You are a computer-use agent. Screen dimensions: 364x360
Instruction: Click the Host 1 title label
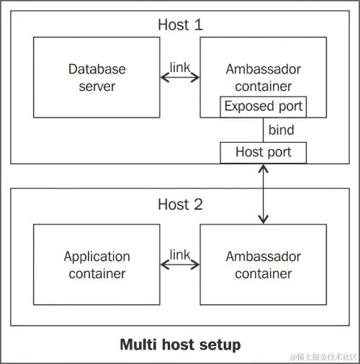(x=180, y=24)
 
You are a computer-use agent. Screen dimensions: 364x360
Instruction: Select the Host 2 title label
(x=180, y=204)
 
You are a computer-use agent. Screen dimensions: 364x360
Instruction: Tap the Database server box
(x=97, y=78)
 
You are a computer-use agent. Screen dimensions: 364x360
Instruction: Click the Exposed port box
(x=263, y=107)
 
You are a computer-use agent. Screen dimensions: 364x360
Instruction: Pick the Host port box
(x=263, y=153)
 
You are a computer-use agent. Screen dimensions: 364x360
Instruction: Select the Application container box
(x=97, y=265)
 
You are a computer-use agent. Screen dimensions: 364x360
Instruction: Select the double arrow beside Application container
(x=179, y=265)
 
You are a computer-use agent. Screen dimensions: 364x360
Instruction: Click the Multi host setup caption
(x=179, y=345)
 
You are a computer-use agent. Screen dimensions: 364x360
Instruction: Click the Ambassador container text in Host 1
(x=263, y=78)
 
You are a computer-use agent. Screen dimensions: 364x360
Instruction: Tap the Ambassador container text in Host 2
(x=263, y=265)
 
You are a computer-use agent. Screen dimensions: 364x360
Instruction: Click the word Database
(x=97, y=70)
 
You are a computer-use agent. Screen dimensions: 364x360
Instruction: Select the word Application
(x=97, y=257)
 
